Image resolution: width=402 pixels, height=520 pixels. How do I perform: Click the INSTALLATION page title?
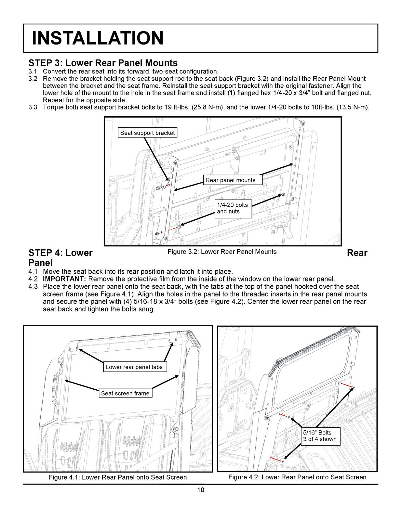point(98,38)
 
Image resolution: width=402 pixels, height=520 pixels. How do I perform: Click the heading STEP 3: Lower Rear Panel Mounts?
point(103,63)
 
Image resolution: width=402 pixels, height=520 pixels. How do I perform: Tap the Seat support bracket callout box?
point(147,133)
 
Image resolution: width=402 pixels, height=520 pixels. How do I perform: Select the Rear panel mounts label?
point(230,180)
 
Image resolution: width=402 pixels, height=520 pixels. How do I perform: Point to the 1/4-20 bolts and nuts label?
point(233,208)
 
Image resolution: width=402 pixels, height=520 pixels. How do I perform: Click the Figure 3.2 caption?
point(222,252)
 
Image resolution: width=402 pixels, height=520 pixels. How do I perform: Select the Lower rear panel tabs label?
point(134,367)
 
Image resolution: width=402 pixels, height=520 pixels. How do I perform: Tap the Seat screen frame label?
point(125,393)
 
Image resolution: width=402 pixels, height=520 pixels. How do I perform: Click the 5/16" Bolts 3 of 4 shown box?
point(320,436)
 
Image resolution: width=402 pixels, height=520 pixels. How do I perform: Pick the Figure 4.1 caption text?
point(118,477)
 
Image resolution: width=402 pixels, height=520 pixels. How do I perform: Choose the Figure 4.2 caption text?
point(297,477)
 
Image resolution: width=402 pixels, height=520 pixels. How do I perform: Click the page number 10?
point(201,490)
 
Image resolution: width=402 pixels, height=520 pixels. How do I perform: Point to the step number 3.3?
point(33,107)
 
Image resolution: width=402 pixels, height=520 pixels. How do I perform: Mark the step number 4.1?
point(33,272)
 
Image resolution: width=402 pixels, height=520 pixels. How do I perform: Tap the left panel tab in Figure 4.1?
point(74,345)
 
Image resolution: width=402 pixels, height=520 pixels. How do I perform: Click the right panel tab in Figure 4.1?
point(172,338)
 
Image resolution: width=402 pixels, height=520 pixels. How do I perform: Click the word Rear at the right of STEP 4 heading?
point(357,253)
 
